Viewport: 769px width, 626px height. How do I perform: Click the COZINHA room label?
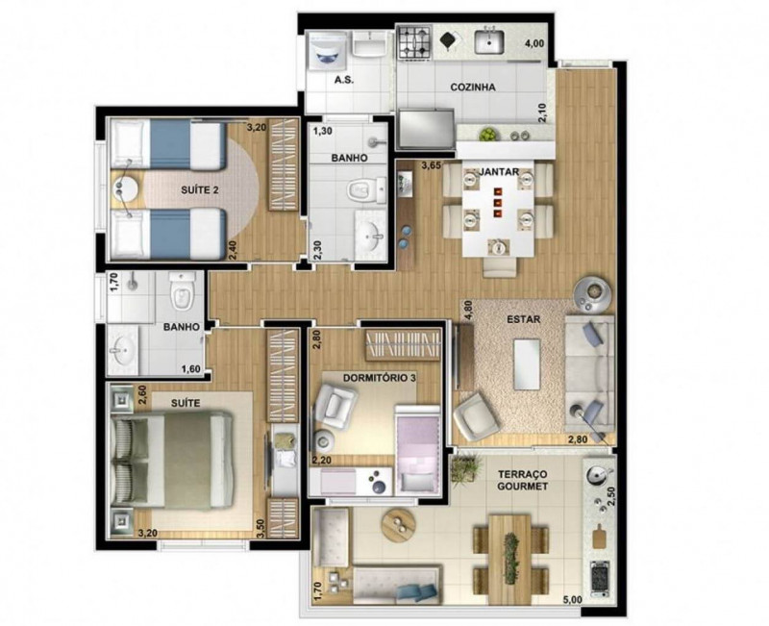[x=473, y=88]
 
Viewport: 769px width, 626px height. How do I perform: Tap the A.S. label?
[x=343, y=81]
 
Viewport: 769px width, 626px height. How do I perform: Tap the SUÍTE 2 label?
[x=199, y=190]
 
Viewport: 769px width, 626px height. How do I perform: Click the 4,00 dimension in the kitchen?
[x=533, y=43]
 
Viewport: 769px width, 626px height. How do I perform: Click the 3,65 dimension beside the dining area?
[x=433, y=166]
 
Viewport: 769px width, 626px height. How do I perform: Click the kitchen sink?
[x=489, y=42]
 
